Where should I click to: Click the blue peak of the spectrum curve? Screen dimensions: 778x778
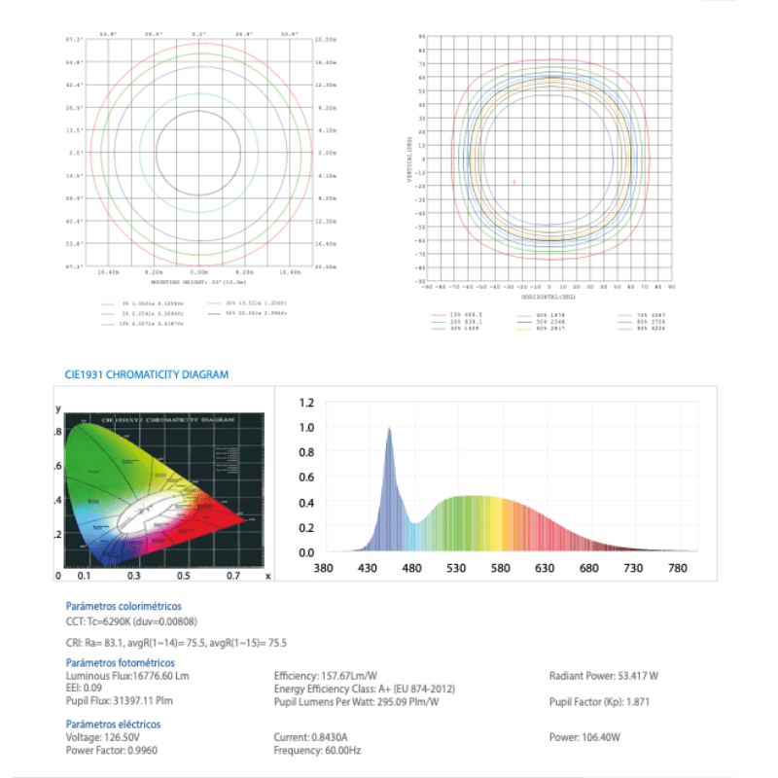(x=389, y=429)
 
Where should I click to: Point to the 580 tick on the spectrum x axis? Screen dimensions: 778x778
(x=500, y=569)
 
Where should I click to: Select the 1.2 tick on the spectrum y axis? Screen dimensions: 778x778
(x=306, y=402)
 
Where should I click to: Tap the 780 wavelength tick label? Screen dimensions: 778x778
(x=678, y=569)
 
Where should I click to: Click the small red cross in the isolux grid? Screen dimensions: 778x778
(x=514, y=182)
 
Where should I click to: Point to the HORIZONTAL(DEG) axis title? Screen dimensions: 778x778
(x=548, y=298)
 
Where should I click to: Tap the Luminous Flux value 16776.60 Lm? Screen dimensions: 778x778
(x=157, y=676)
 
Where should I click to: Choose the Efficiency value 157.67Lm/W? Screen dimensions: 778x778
(x=351, y=676)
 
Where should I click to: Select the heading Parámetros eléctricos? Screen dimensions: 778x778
(x=113, y=724)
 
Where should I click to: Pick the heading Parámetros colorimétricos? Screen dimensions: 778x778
(x=123, y=606)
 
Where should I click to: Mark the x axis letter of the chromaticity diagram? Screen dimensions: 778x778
(x=267, y=576)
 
